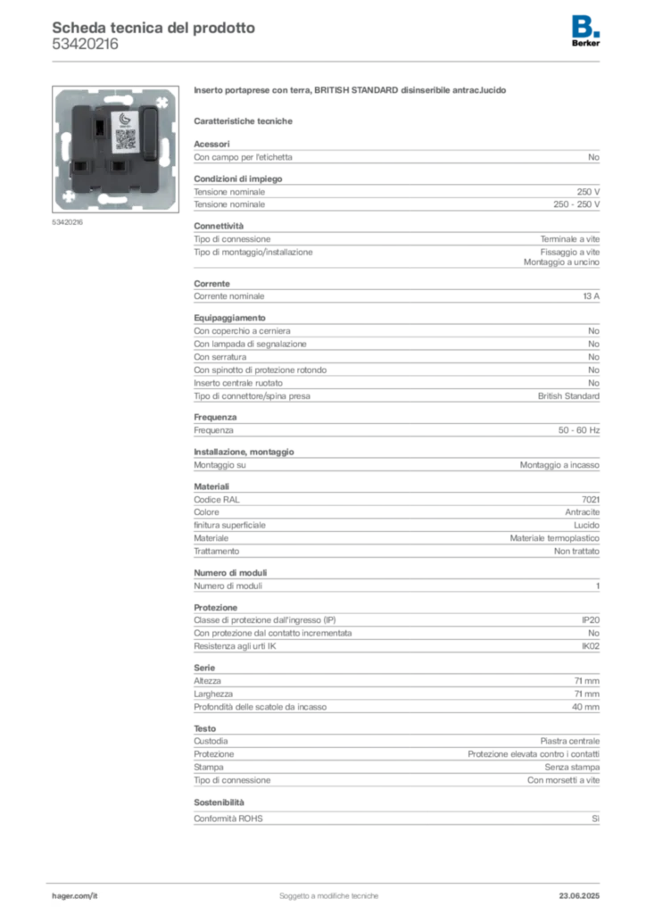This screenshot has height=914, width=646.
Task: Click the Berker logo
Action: (x=585, y=31)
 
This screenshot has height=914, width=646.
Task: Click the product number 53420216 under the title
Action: (x=85, y=45)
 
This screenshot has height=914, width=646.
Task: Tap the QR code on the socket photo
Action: (x=126, y=139)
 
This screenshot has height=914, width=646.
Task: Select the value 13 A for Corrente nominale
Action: (x=592, y=296)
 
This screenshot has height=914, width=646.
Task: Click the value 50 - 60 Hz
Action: (x=579, y=430)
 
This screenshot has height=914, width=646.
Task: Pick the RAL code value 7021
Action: (x=591, y=500)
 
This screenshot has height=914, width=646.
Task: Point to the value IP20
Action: (x=591, y=620)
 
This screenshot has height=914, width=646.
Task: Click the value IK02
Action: (x=591, y=646)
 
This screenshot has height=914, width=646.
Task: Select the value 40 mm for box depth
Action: (x=585, y=707)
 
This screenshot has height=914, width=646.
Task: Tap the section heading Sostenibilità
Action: (x=219, y=802)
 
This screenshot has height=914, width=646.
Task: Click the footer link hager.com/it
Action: (x=75, y=896)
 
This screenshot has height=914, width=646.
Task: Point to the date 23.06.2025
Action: (x=579, y=896)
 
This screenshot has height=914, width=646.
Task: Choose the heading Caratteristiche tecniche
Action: (x=243, y=121)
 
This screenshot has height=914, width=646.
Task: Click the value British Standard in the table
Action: (x=568, y=395)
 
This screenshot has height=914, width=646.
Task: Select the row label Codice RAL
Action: (x=217, y=500)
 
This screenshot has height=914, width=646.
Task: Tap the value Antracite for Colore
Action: (x=582, y=511)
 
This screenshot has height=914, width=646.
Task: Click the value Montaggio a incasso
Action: (x=559, y=464)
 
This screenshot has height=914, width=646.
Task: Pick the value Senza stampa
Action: (x=572, y=767)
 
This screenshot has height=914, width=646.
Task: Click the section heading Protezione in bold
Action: (x=216, y=607)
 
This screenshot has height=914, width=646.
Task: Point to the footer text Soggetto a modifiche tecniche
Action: (x=328, y=896)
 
